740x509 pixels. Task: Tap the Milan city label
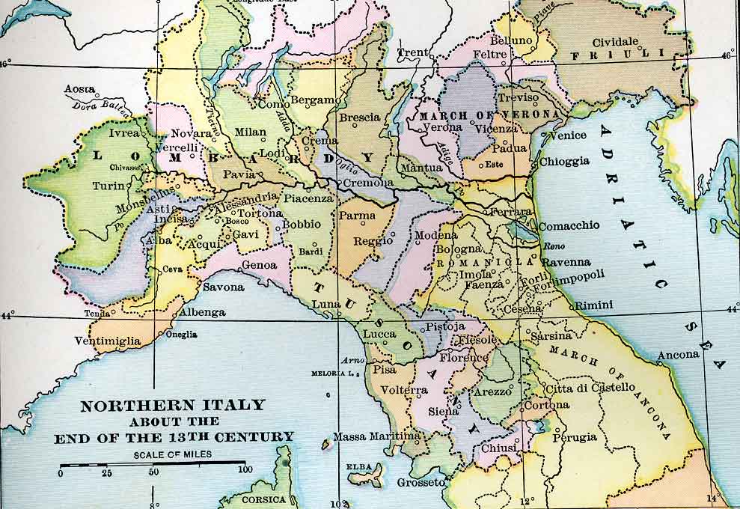250,132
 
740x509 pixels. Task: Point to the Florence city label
463,358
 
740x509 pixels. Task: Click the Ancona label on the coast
679,355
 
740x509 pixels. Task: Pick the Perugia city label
575,436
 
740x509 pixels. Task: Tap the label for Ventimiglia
107,341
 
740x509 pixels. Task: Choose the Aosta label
79,89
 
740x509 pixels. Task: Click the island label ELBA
358,467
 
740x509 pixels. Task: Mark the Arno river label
352,360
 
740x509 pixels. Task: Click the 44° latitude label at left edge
6,315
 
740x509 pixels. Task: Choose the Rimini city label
594,305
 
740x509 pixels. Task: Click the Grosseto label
421,483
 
